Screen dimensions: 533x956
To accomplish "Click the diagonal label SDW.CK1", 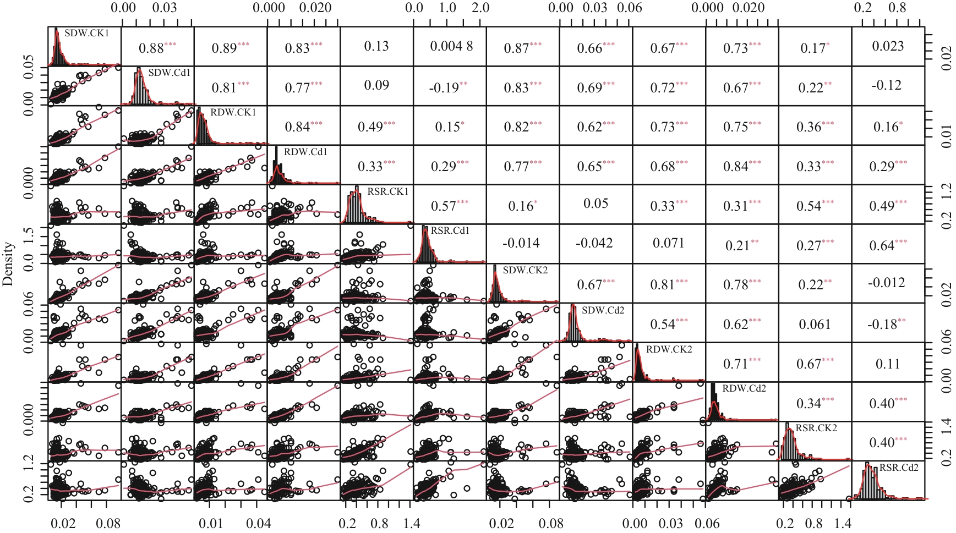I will tap(86, 33).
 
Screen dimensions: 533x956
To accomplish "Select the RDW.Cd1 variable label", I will tap(305, 152).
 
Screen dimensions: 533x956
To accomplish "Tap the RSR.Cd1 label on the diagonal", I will tap(450, 230).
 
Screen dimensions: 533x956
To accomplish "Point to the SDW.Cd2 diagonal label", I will tap(603, 310).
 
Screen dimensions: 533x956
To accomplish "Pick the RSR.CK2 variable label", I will tap(816, 428).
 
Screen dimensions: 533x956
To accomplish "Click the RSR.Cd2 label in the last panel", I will tap(899, 468).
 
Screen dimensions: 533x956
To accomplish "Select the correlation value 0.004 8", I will tap(451, 46).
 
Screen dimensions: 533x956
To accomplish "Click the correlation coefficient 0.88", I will tap(151, 48).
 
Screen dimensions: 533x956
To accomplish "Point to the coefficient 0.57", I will tap(443, 206).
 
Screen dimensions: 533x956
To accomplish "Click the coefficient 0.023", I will tap(888, 46).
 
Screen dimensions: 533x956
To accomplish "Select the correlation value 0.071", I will tap(668, 243).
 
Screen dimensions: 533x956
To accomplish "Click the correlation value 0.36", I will tap(808, 127).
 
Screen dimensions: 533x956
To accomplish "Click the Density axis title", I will tap(8, 264).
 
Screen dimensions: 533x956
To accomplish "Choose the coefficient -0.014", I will tap(521, 243).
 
